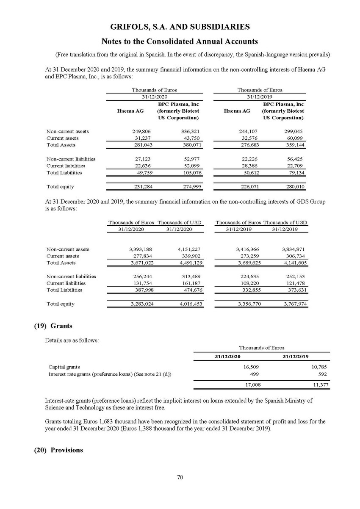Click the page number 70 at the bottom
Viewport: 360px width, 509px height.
(x=180, y=477)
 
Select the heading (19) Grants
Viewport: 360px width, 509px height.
(x=53, y=326)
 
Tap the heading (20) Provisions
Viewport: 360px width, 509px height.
(x=58, y=450)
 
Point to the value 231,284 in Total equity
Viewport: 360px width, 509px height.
(x=142, y=187)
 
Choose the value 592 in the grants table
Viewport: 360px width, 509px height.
(x=324, y=373)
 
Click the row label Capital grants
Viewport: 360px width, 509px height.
(x=64, y=367)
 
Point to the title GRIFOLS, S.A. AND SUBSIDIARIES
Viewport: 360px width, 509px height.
(x=180, y=27)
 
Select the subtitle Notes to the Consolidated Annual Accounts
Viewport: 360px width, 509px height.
(x=180, y=41)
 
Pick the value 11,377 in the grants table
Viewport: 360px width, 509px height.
(x=320, y=385)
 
